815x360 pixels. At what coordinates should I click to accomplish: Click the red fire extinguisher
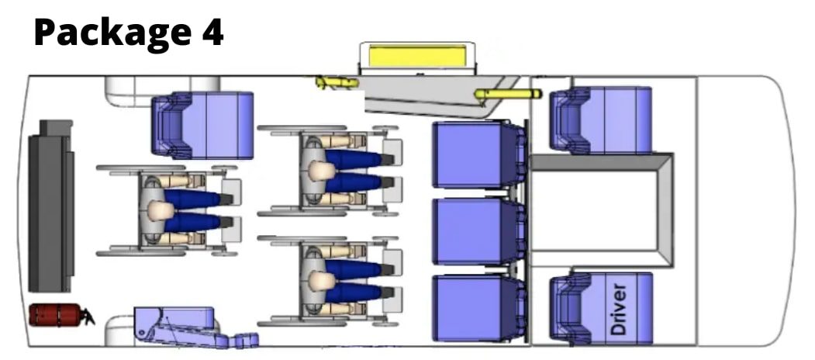[x=60, y=315]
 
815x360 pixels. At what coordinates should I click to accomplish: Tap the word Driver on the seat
[x=620, y=309]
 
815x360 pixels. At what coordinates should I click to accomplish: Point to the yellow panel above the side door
[x=418, y=56]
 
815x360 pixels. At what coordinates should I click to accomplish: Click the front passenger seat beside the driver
[x=601, y=121]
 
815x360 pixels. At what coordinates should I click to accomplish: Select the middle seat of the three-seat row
[x=478, y=231]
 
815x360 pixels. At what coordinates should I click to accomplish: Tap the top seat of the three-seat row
[x=478, y=154]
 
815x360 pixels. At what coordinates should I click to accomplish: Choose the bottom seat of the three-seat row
[x=478, y=308]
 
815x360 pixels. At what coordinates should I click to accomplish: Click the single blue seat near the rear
[x=202, y=125]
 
